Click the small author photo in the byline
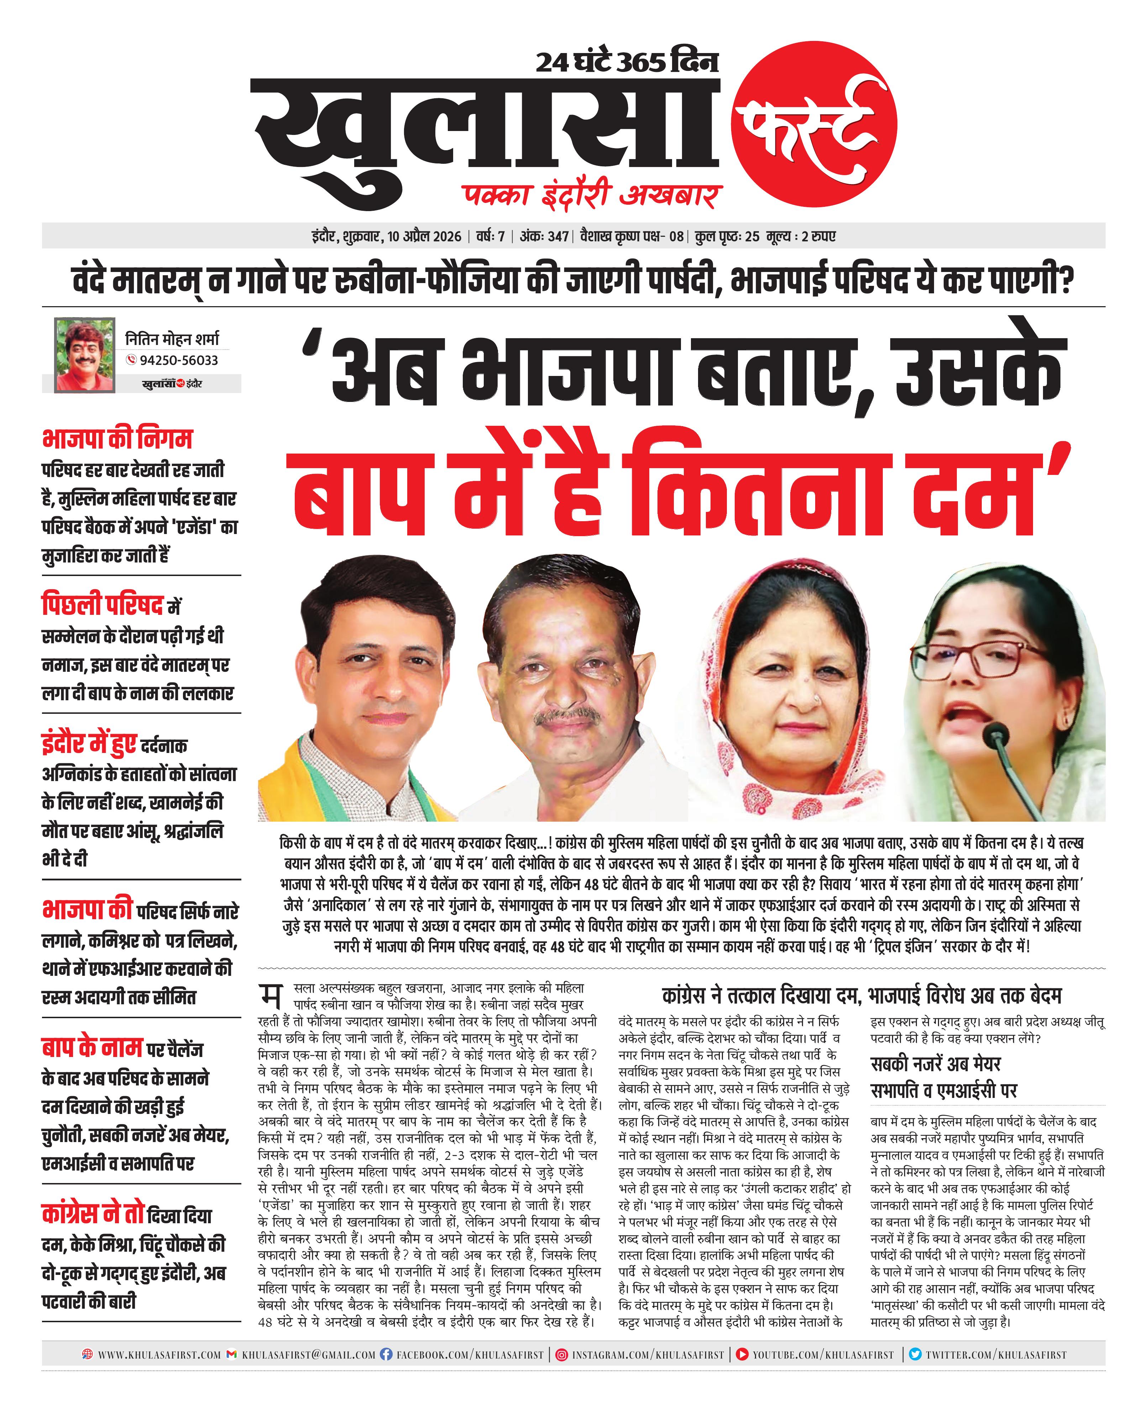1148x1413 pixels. tap(85, 355)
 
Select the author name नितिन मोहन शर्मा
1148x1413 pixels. tap(172, 339)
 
